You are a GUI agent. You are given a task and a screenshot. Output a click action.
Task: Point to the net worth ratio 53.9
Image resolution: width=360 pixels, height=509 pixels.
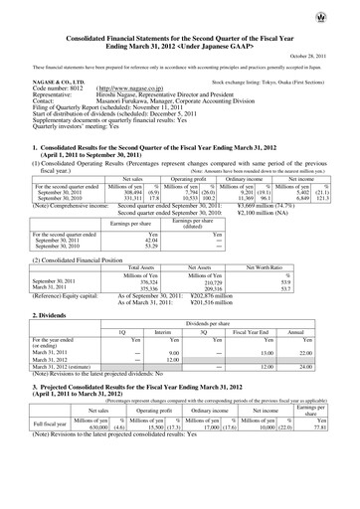coord(314,282)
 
